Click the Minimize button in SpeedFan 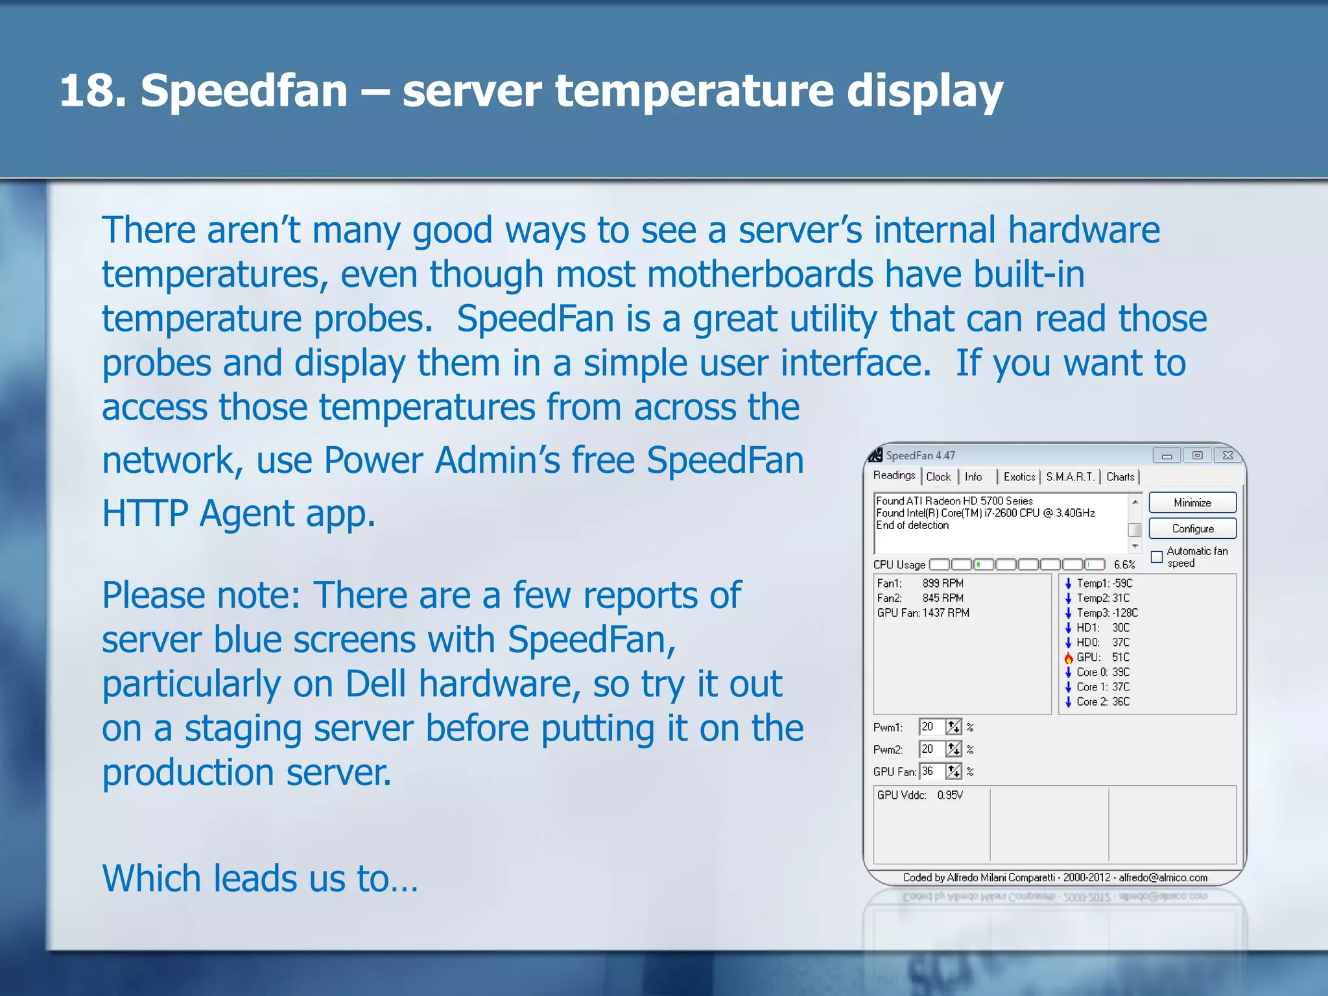point(1192,503)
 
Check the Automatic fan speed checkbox point(1156,557)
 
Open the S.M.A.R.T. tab point(1070,477)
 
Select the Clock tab point(938,477)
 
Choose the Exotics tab point(1019,477)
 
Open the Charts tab point(1120,477)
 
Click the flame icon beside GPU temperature point(1068,658)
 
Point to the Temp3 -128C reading point(1107,613)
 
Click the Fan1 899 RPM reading point(920,583)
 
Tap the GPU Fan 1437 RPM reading point(923,613)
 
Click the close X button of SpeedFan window point(1227,455)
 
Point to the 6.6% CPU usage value point(1124,565)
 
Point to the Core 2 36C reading point(1102,702)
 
